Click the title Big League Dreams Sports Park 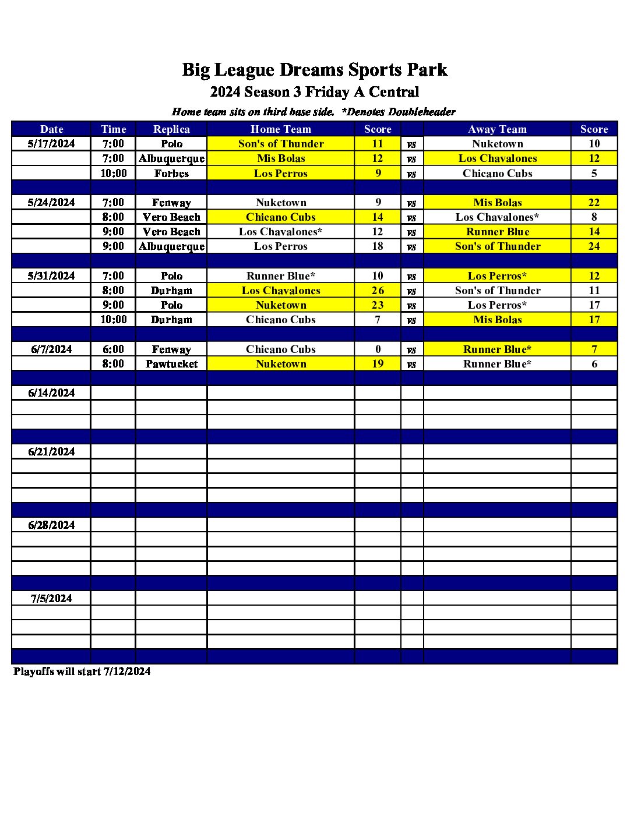pos(315,70)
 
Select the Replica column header pos(171,129)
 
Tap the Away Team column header pos(497,129)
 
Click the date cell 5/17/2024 pos(51,144)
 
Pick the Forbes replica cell pos(171,174)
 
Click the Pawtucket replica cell pos(171,364)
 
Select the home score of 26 pos(378,291)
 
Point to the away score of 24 pos(594,246)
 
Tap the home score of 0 pos(378,349)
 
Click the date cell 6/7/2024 pos(51,349)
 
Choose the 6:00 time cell pos(113,349)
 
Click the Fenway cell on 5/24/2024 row pos(171,203)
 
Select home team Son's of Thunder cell pos(281,144)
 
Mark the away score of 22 pos(594,203)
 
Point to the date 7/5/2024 pos(51,598)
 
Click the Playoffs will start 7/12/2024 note pos(82,671)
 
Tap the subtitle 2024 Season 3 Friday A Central pos(315,92)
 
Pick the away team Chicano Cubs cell pos(497,174)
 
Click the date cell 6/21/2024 pos(51,451)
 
